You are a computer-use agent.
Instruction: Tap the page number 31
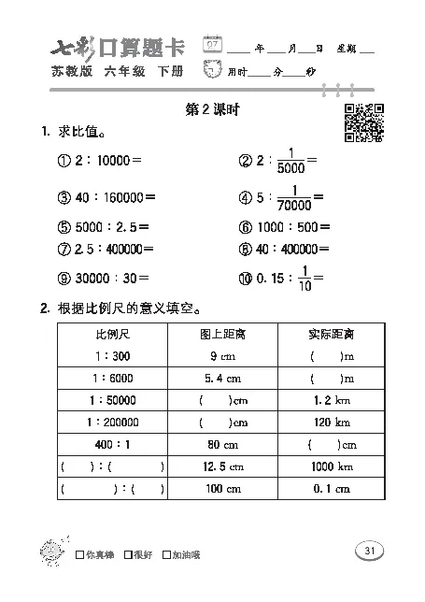[370, 551]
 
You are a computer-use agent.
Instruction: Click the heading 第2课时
[214, 110]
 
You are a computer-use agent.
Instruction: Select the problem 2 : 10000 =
[99, 161]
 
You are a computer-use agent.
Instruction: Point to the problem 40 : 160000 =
[106, 196]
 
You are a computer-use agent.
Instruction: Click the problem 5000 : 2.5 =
[103, 227]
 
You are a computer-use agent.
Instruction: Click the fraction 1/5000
[291, 161]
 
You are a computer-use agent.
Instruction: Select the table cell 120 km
[332, 422]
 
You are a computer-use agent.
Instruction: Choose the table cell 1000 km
[332, 466]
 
